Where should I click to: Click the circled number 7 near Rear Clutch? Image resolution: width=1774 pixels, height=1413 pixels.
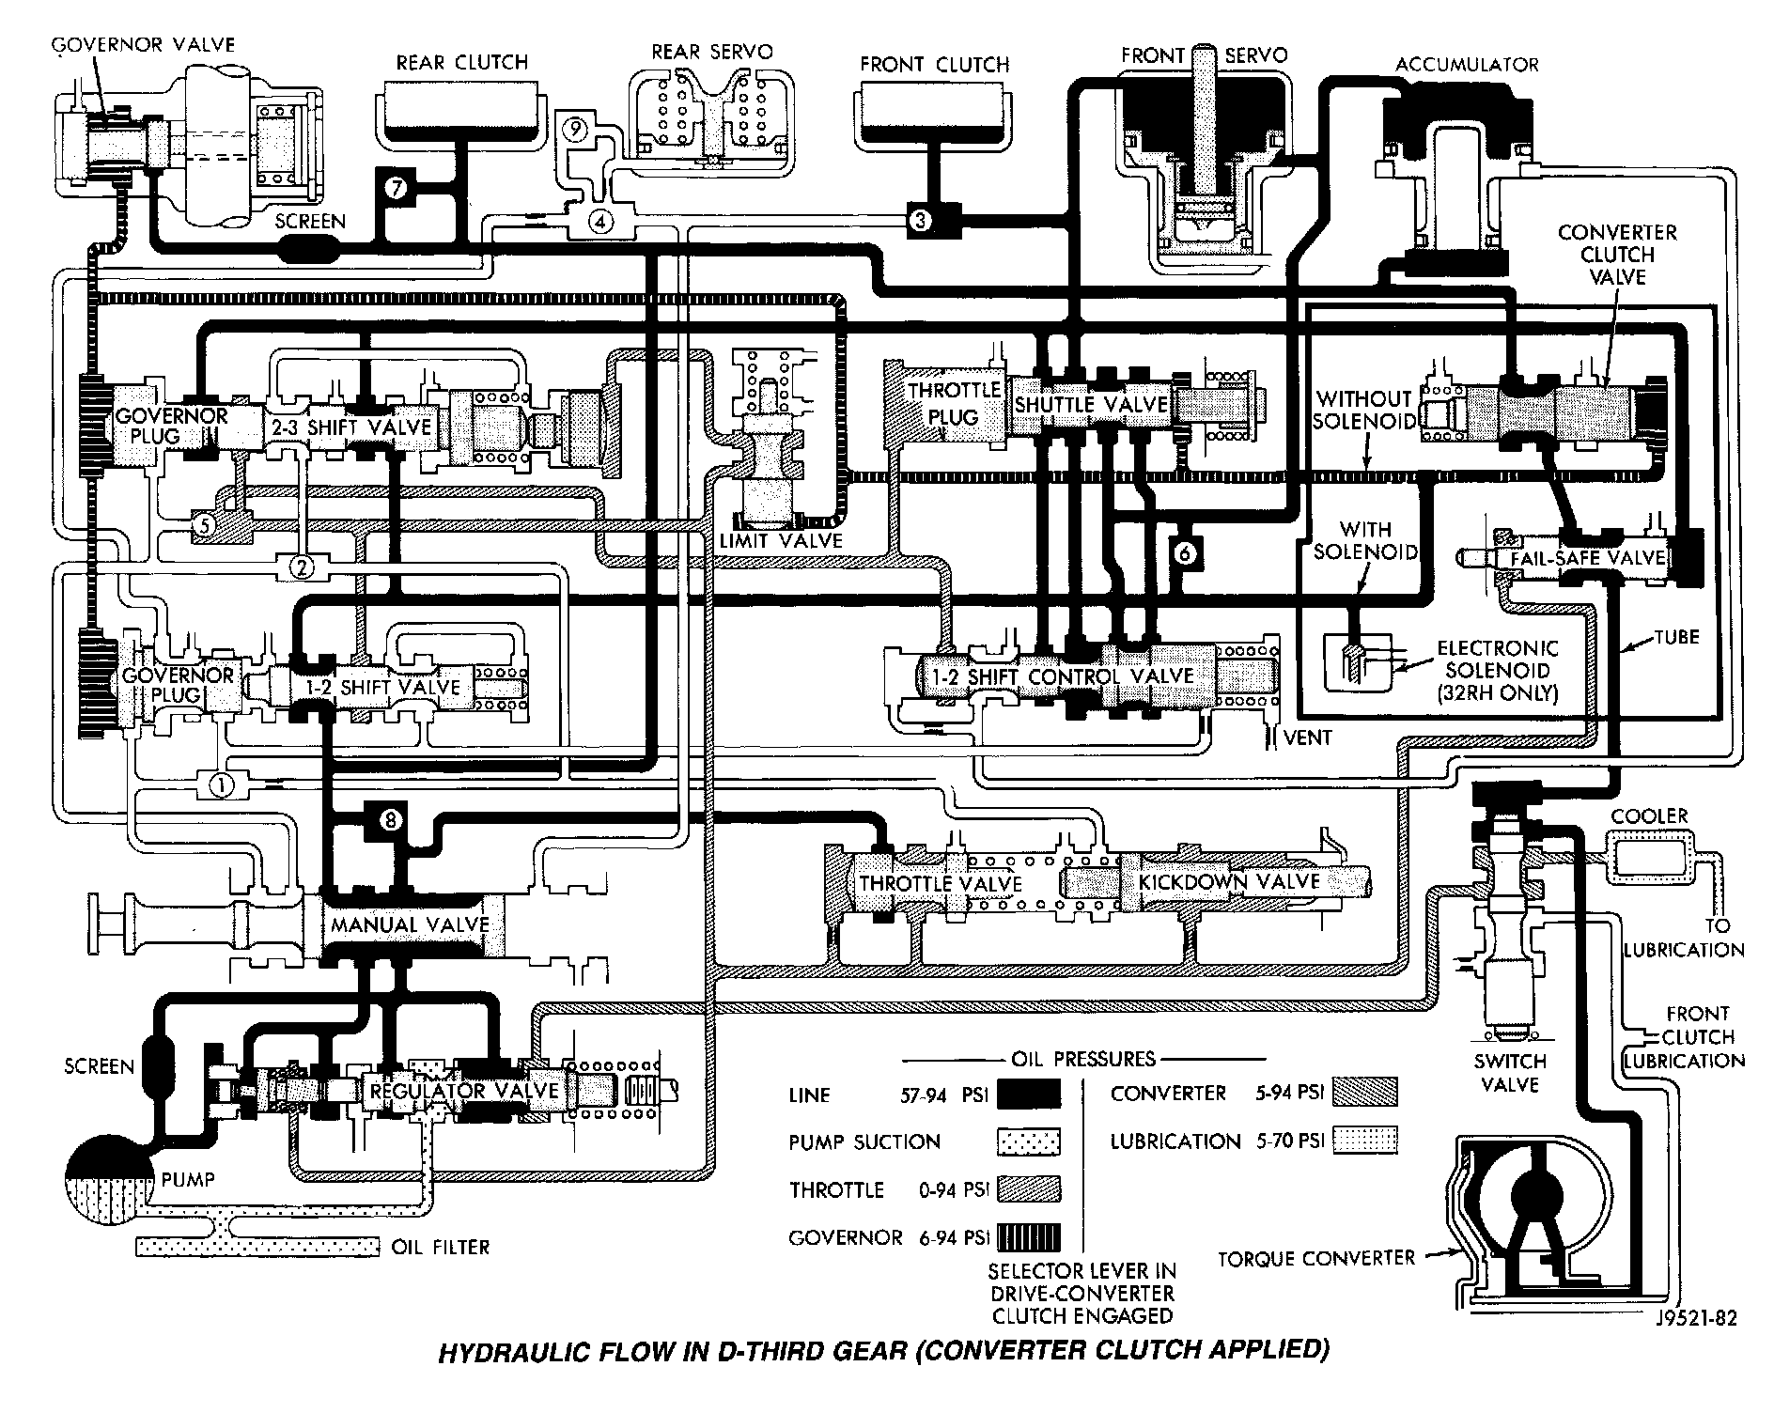coord(397,188)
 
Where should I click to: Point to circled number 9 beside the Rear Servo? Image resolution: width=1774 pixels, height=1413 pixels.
coord(576,127)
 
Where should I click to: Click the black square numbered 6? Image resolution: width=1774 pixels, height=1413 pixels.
coord(1185,553)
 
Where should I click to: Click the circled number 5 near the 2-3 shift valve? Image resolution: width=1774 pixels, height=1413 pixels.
coord(204,526)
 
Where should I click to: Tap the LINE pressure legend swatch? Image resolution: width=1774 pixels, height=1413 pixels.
coord(1028,1095)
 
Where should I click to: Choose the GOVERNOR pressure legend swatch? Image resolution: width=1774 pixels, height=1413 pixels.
coord(1028,1237)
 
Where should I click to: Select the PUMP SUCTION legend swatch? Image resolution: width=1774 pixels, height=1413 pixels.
coord(1028,1141)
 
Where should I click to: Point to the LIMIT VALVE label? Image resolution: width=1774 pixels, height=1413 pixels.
coord(780,541)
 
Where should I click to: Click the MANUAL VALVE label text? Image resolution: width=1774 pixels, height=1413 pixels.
coord(410,924)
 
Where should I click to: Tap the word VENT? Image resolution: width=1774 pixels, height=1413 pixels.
coord(1307,738)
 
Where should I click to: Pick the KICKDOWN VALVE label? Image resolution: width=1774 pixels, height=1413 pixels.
coord(1228,882)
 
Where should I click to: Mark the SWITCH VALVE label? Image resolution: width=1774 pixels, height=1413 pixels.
coord(1510,1073)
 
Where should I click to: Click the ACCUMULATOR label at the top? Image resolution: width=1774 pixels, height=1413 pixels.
coord(1467,65)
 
